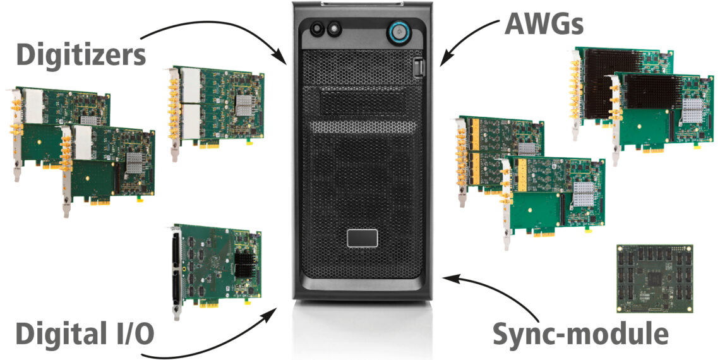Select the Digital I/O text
point(84,333)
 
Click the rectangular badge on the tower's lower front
point(362,238)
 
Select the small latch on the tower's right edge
point(418,67)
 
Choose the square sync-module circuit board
point(654,279)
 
